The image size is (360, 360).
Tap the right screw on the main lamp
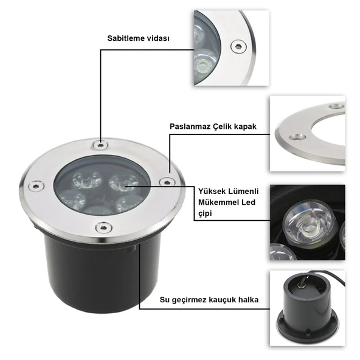[x=164, y=181]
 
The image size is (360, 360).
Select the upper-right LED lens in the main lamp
[x=123, y=181]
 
